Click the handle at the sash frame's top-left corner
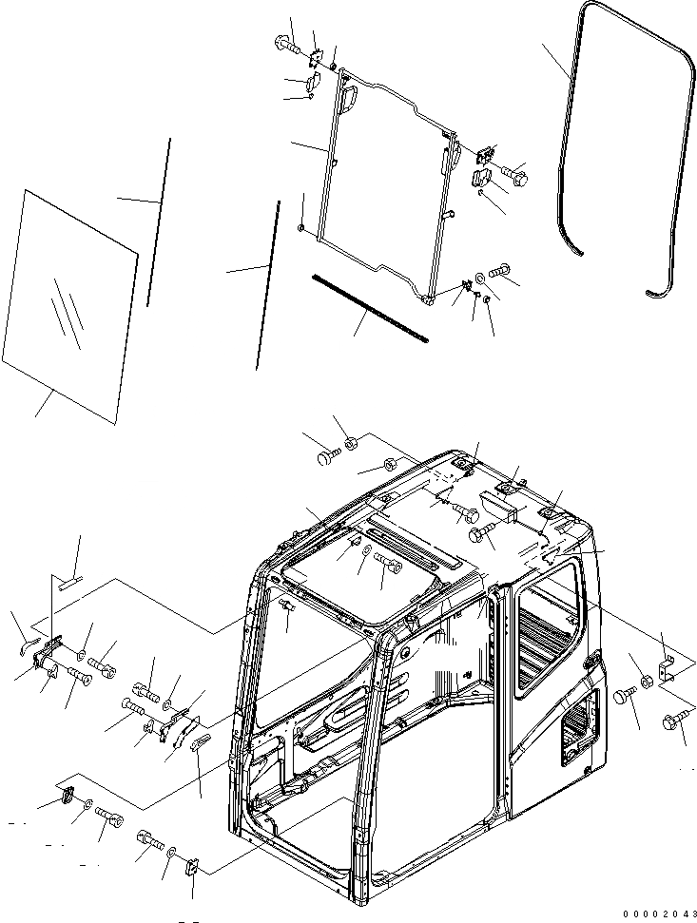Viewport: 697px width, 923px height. pos(350,95)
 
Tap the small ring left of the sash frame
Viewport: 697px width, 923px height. pos(301,228)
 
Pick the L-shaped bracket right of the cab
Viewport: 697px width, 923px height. pos(669,665)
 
